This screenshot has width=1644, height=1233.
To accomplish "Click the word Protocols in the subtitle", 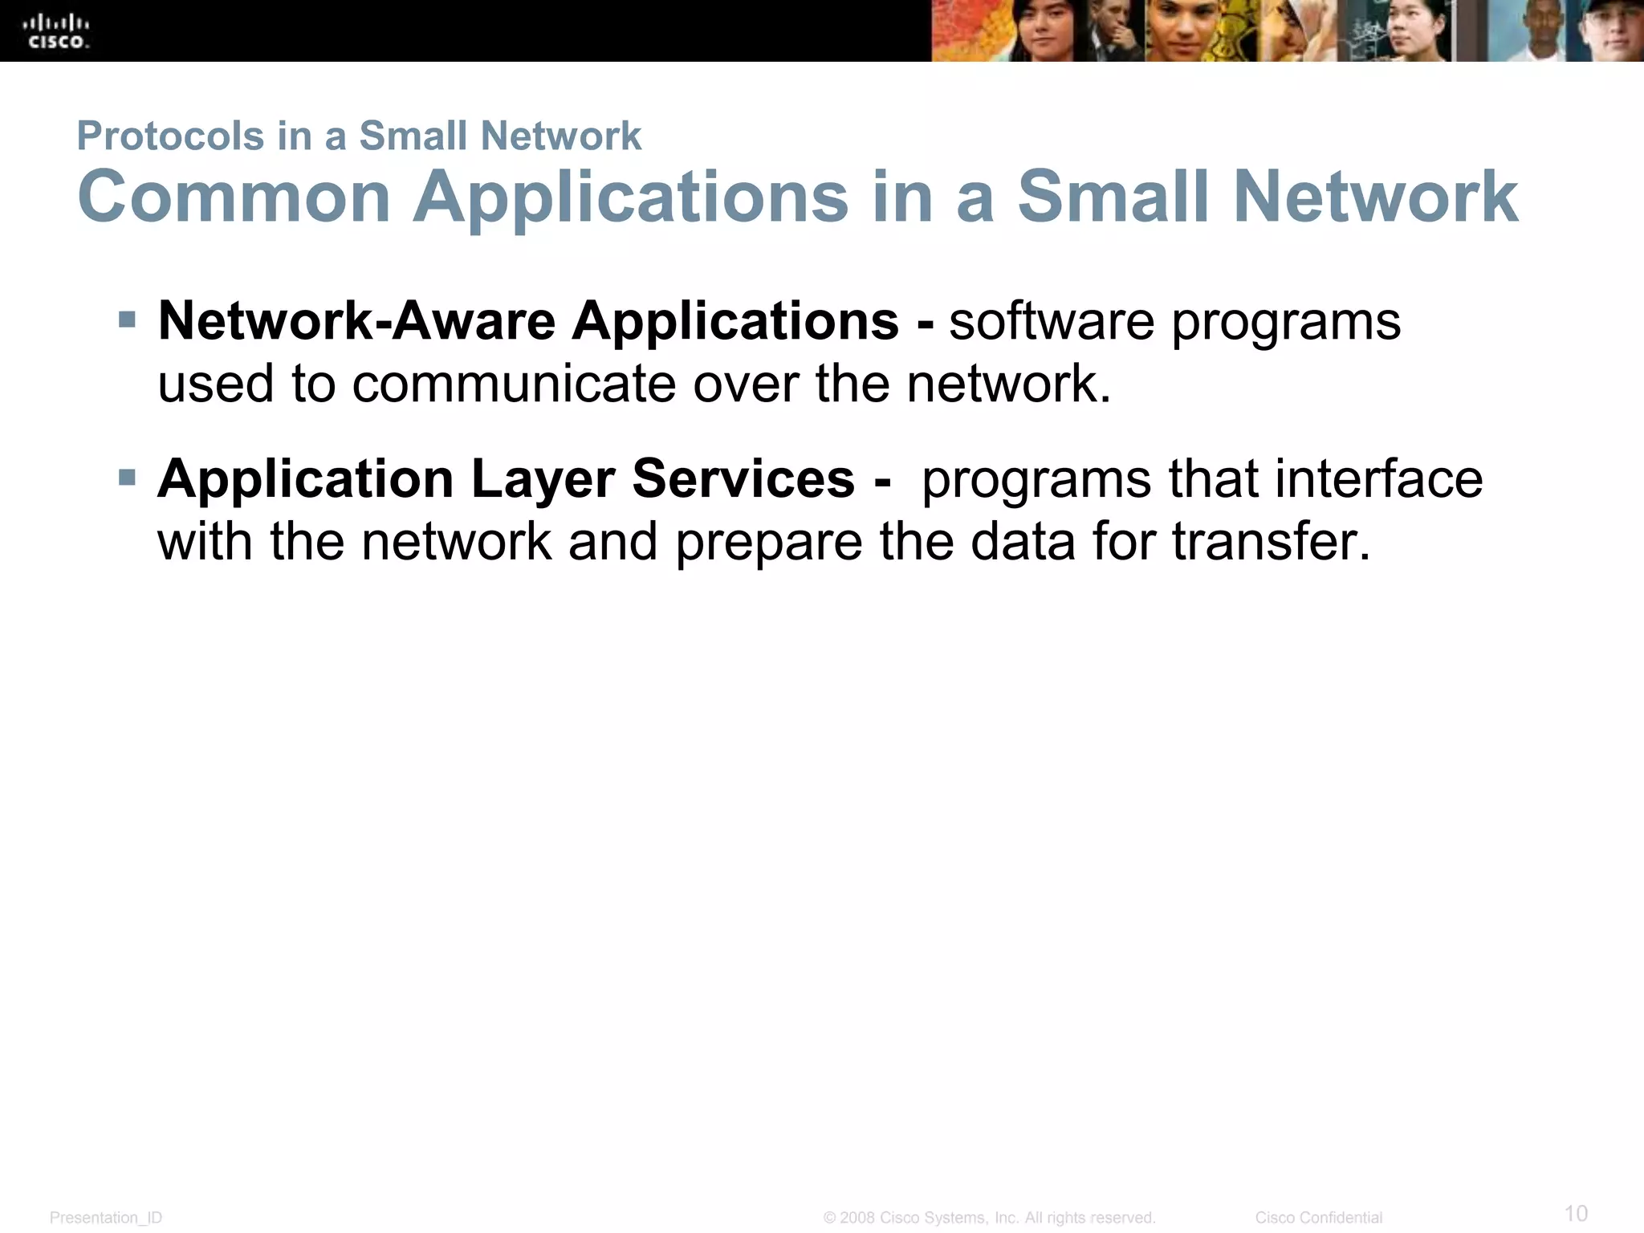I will click(170, 136).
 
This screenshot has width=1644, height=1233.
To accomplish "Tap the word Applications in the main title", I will click(631, 198).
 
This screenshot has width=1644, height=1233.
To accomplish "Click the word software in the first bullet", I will click(1052, 321).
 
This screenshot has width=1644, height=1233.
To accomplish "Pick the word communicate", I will click(515, 384).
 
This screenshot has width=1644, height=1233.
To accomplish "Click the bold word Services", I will click(743, 479).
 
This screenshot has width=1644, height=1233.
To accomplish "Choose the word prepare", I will click(768, 543).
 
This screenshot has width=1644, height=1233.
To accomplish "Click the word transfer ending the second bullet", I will click(1271, 542).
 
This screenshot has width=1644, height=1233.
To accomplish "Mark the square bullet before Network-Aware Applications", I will click(127, 320).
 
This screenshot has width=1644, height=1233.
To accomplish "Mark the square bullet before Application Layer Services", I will click(127, 478).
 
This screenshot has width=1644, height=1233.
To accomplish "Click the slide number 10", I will click(1576, 1212).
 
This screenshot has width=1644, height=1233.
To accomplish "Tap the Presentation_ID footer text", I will click(106, 1218).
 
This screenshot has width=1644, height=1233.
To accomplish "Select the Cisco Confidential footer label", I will click(1318, 1218).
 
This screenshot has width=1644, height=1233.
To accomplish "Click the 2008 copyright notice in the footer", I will click(989, 1218).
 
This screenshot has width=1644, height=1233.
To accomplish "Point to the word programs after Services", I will click(1036, 480).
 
